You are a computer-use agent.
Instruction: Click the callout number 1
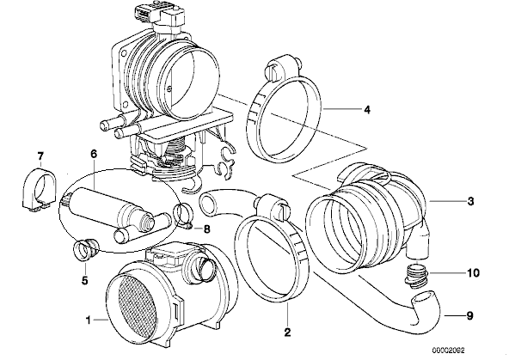pos(88,320)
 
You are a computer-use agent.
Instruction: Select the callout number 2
pos(287,332)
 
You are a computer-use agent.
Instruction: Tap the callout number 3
pos(470,201)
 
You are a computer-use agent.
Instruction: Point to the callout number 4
pos(367,110)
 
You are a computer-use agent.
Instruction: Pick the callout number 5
pos(85,280)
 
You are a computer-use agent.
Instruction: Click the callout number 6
pos(94,154)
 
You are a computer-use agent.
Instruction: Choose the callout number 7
pos(40,156)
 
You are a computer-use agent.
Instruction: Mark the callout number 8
pos(206,229)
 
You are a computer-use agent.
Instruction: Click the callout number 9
pos(469,315)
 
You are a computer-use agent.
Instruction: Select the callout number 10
pos(473,272)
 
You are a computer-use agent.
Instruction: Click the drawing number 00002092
pos(448,351)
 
